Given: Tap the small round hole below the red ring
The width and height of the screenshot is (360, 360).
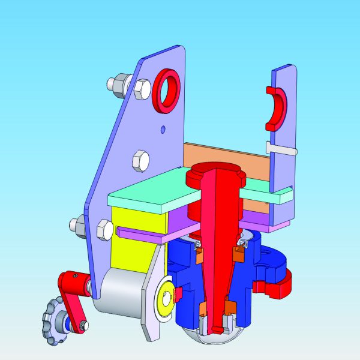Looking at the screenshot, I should (x=163, y=128).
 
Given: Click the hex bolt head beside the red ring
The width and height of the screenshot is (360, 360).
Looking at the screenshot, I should (x=142, y=89).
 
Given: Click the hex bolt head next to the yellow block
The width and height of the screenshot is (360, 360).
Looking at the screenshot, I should (x=103, y=230).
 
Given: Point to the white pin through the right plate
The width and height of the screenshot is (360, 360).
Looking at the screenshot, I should (x=282, y=148).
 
